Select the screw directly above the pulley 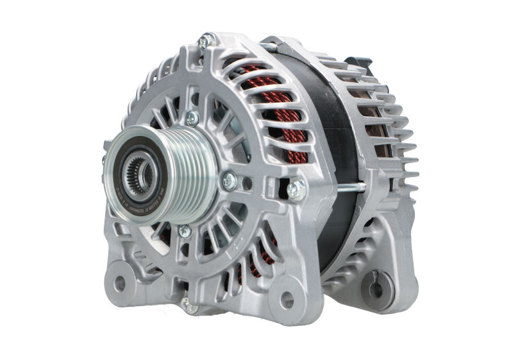190,117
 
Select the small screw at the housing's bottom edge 186,302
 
